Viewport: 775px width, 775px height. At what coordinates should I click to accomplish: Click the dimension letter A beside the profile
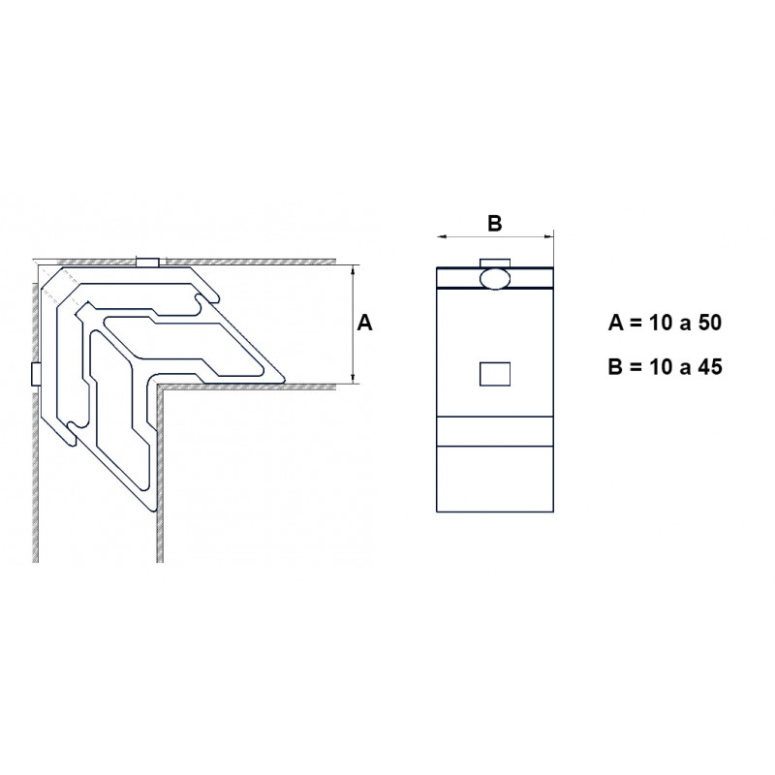(x=364, y=323)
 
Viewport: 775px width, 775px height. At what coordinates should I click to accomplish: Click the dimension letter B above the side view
(x=494, y=224)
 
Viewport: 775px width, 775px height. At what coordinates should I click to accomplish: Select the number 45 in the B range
(x=710, y=367)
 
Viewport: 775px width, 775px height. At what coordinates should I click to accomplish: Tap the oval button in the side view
(x=495, y=279)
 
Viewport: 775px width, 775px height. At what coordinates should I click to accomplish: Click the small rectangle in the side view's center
(x=495, y=374)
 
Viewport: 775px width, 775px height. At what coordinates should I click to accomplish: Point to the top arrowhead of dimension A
(x=353, y=270)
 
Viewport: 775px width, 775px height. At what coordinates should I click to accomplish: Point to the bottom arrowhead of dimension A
(x=353, y=378)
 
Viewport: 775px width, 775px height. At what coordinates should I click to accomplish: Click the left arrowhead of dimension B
(x=442, y=236)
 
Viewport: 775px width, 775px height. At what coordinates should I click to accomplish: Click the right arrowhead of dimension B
(x=548, y=236)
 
